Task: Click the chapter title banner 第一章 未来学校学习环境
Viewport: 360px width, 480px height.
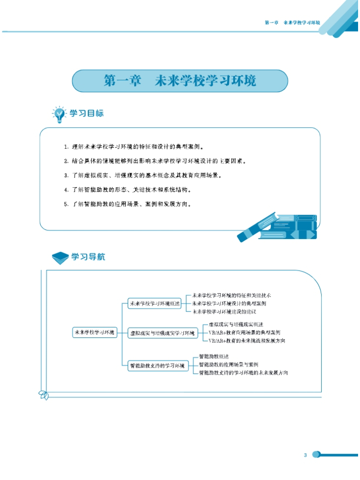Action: click(x=180, y=81)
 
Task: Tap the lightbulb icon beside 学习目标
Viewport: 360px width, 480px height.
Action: click(x=59, y=115)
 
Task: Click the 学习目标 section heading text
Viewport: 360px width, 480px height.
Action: click(x=87, y=114)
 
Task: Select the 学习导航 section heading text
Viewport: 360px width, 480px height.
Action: click(x=88, y=257)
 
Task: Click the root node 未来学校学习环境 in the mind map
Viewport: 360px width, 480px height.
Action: click(x=95, y=332)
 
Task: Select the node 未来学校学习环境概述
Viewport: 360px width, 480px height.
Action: click(x=154, y=303)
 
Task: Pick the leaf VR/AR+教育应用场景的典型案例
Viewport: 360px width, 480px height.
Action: click(x=244, y=332)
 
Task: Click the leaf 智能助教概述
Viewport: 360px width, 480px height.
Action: click(x=214, y=357)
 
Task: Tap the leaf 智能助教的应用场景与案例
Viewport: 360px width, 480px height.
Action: click(x=228, y=364)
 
